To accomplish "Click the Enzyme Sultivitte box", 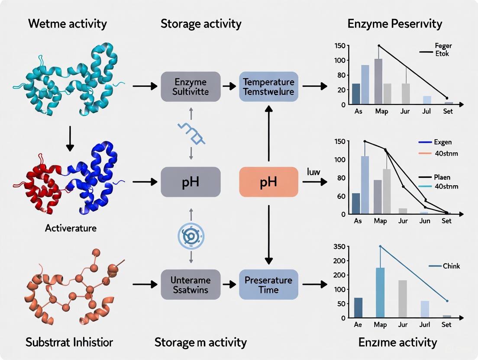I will click(191, 87).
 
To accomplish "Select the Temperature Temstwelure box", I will click(268, 87).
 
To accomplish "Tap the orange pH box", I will click(268, 182).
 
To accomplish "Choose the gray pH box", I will click(191, 182).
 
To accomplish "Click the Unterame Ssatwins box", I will click(191, 284).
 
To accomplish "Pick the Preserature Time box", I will click(268, 284).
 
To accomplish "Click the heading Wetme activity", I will click(67, 23).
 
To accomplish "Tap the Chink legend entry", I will click(451, 266).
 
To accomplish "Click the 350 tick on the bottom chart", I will click(340, 247).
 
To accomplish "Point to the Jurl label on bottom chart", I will click(425, 325).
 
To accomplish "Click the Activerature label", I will click(71, 228).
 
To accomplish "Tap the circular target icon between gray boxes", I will click(191, 236).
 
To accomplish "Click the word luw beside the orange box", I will click(313, 172).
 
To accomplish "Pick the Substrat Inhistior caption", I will click(69, 343).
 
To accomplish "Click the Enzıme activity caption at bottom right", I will click(397, 343).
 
